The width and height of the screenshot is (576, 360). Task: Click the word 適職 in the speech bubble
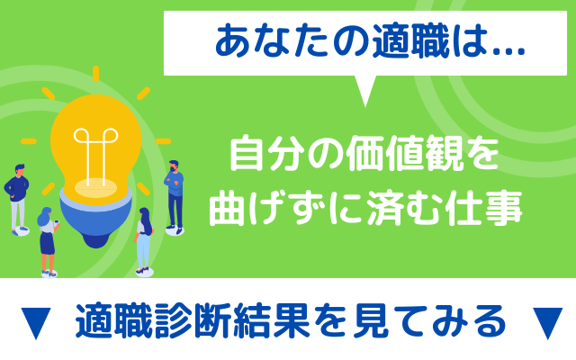click(410, 41)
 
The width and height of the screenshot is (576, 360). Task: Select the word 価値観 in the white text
click(404, 154)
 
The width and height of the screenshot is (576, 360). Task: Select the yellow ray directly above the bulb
click(96, 74)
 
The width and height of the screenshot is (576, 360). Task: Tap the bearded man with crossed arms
click(175, 197)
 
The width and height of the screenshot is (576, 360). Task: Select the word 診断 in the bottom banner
click(193, 320)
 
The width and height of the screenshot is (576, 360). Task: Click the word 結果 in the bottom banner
click(272, 320)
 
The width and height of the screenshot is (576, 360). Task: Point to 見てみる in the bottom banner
click(429, 320)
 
